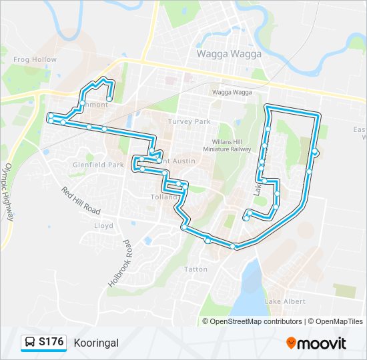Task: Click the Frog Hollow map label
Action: click(x=35, y=59)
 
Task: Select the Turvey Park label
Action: click(x=189, y=121)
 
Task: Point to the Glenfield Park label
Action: click(x=98, y=165)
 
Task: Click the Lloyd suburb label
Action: click(x=103, y=226)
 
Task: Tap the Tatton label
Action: click(x=196, y=269)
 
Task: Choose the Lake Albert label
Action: click(x=286, y=302)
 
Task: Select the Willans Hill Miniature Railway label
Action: click(x=224, y=146)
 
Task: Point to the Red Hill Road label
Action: click(x=80, y=201)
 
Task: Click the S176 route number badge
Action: click(x=51, y=342)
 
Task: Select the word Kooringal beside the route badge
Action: click(x=96, y=343)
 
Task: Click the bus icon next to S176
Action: click(x=30, y=343)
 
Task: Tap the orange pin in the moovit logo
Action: click(x=292, y=343)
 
